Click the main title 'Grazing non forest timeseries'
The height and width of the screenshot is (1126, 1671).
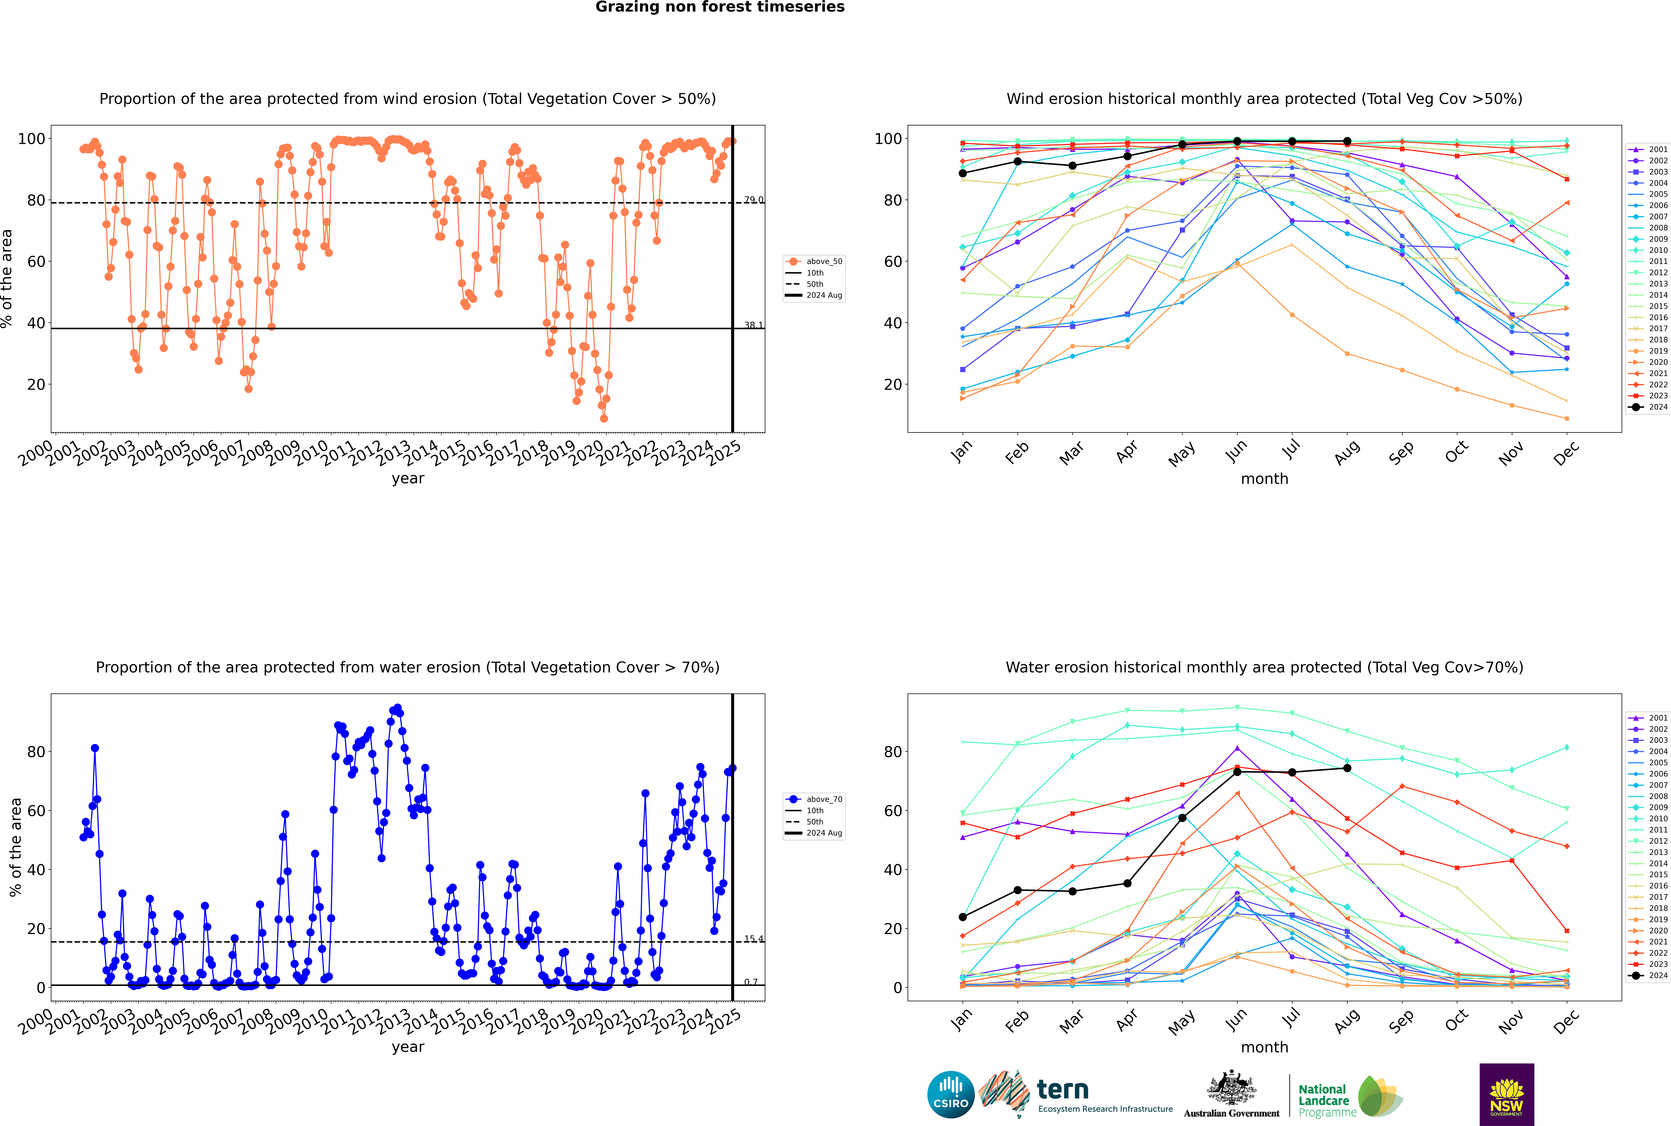click(720, 7)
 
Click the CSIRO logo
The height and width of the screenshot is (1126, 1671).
click(950, 1094)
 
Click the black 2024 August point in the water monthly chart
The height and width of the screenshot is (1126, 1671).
click(1347, 768)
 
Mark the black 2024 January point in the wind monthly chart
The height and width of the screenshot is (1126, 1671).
click(963, 173)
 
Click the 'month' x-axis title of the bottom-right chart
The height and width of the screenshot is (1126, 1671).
click(1264, 1047)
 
